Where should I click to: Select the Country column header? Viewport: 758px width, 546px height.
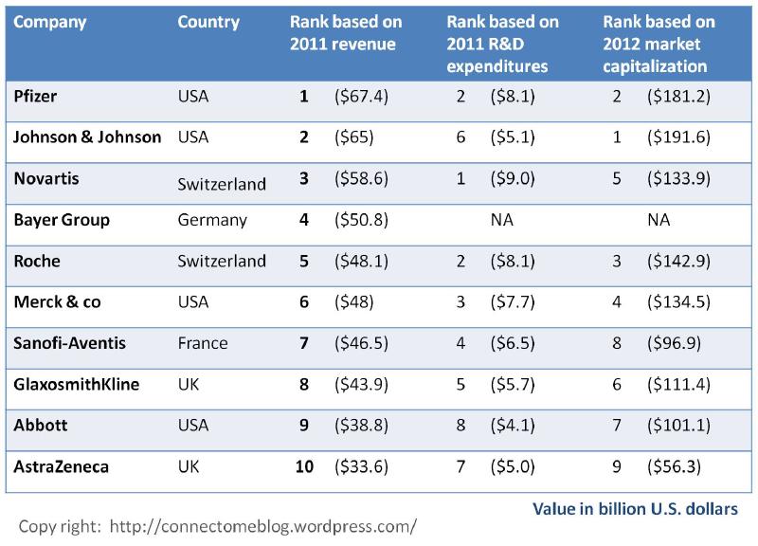[208, 23]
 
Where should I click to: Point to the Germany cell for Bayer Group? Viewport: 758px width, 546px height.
[212, 220]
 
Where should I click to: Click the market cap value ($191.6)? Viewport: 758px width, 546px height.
[678, 137]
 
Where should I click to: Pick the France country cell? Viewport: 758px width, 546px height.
[203, 343]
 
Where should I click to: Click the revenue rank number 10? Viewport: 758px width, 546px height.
[303, 465]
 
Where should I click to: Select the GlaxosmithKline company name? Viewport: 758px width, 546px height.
[77, 384]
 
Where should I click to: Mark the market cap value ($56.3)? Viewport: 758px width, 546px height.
[674, 465]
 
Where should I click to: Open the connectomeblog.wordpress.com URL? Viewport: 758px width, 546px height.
[263, 524]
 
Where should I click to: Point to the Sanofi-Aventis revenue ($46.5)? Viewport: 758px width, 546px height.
[360, 343]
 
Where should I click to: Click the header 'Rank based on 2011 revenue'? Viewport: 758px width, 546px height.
[346, 33]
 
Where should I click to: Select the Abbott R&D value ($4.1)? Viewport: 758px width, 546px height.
[513, 425]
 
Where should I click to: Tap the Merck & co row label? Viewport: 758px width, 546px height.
[57, 301]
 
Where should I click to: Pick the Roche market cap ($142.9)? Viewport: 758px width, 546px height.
[678, 261]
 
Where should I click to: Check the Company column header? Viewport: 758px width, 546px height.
[49, 23]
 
